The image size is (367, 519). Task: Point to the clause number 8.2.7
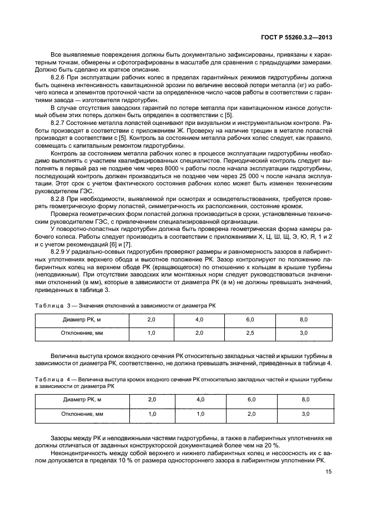click(x=60, y=122)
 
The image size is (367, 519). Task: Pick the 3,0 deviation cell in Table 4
click(x=304, y=414)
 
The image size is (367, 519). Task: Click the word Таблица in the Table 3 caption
click(x=49, y=305)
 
